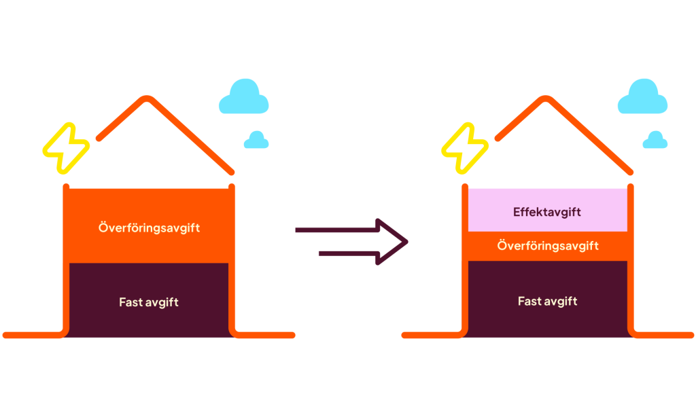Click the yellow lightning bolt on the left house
pos(66,147)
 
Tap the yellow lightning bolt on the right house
pos(465,147)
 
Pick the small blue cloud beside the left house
pos(256,140)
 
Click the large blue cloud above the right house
pos(642,97)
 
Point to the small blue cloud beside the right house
pos(655,140)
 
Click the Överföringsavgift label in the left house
pos(149,228)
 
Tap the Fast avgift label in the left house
pos(149,302)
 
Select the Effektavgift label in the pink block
pos(547,212)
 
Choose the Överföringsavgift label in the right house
pos(548,245)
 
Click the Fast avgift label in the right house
pos(548,301)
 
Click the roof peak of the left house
pos(145,99)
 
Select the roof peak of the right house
pos(544,99)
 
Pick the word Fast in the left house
pos(130,302)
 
